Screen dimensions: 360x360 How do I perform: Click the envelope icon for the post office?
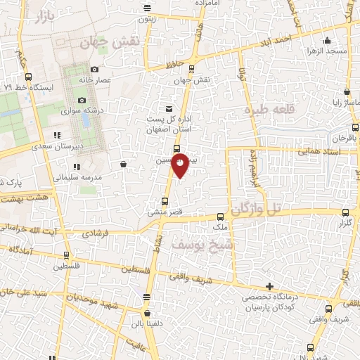[x=169, y=109]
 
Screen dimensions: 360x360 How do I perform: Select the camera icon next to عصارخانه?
[x=94, y=69]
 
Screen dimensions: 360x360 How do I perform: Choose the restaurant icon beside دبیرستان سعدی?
[x=56, y=135]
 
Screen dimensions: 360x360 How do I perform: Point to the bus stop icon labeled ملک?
[x=221, y=217]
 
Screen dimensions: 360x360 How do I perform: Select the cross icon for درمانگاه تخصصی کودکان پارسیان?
[x=269, y=285]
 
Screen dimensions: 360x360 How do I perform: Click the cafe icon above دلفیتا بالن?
[x=146, y=314]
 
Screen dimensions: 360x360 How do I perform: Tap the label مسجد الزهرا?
[x=323, y=51]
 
